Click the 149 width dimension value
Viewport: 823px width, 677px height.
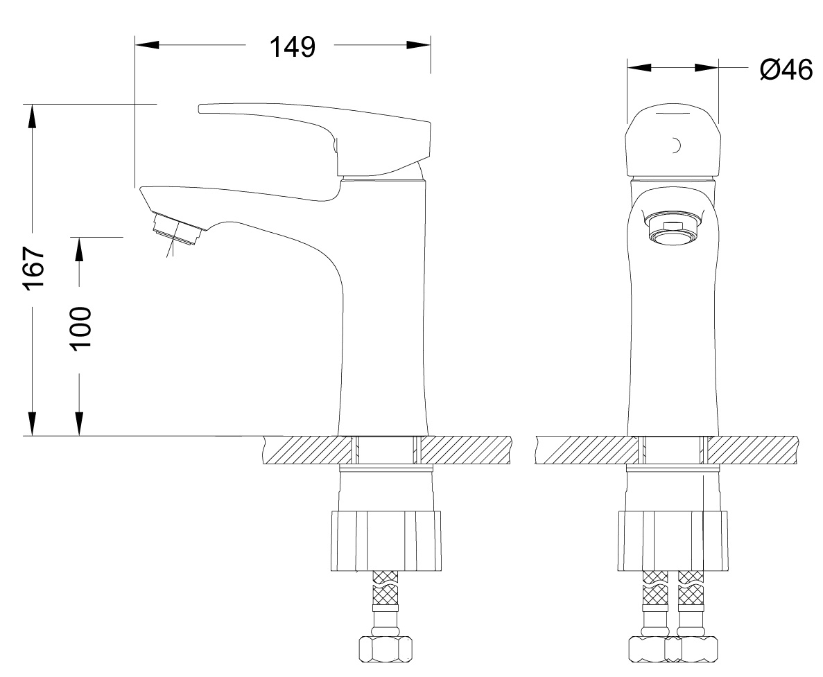coord(293,46)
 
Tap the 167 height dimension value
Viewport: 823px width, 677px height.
coord(33,268)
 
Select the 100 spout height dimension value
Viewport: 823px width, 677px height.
coord(80,328)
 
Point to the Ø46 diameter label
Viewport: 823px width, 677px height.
coord(786,69)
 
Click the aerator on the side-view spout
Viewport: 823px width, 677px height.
coord(176,229)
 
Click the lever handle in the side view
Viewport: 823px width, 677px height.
coord(315,139)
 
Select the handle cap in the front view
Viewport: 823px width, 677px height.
coord(673,141)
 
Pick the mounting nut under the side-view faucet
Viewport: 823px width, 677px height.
coord(385,541)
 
